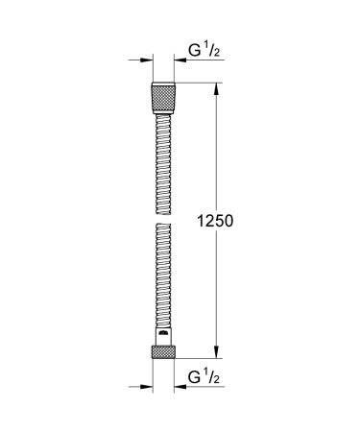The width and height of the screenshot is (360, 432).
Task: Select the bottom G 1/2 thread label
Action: pyautogui.click(x=205, y=375)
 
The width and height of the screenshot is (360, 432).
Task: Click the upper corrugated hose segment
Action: pyautogui.click(x=163, y=158)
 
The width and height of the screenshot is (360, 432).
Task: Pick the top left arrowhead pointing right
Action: pyautogui.click(x=146, y=61)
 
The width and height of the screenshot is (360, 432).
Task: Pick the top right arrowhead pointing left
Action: pyautogui.click(x=180, y=61)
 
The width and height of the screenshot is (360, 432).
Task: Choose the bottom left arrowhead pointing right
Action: pyautogui.click(x=146, y=388)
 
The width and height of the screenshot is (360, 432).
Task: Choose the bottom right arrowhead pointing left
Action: pyautogui.click(x=180, y=388)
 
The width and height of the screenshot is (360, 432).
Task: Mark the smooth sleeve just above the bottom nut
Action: pyautogui.click(x=163, y=336)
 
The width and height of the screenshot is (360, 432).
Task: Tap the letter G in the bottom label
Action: pyautogui.click(x=192, y=376)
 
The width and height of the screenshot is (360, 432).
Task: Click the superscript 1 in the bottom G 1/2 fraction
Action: pyautogui.click(x=205, y=371)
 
